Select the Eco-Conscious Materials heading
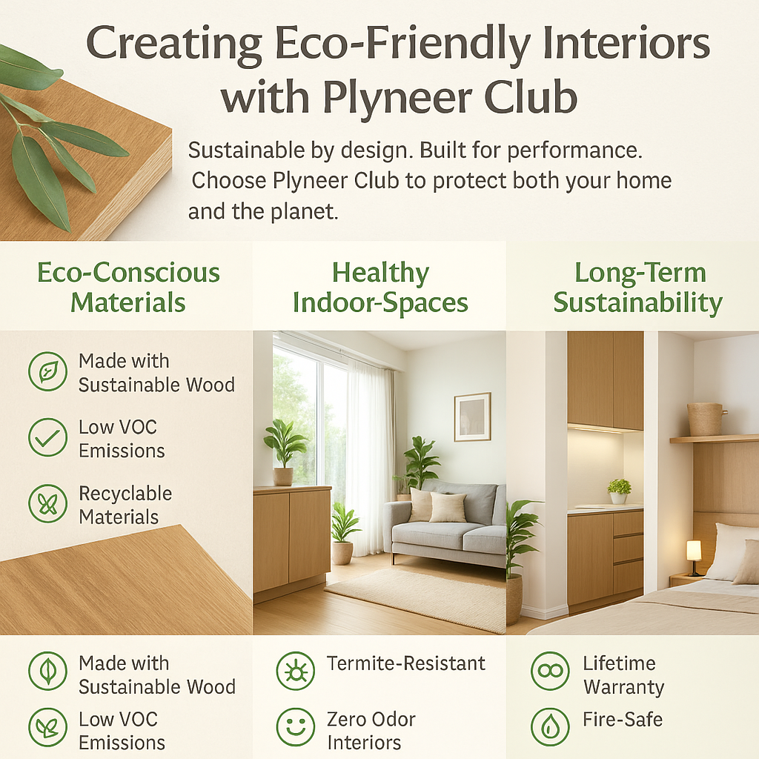(128, 288)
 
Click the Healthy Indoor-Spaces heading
(380, 288)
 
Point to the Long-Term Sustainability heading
(637, 288)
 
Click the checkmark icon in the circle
(47, 438)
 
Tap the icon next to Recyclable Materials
(47, 505)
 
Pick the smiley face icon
(295, 727)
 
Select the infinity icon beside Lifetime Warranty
(550, 672)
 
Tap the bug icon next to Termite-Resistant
(295, 672)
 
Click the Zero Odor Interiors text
(371, 730)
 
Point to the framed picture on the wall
(472, 417)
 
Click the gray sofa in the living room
(445, 523)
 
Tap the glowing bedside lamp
(694, 552)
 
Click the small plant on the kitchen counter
(619, 490)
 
